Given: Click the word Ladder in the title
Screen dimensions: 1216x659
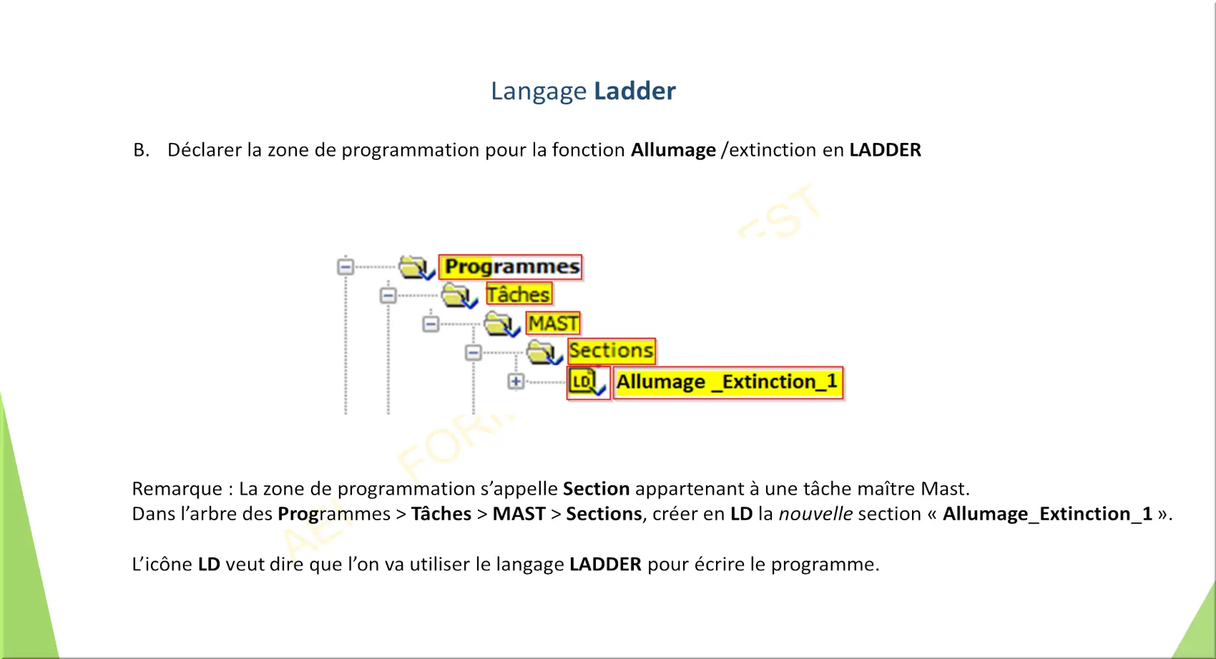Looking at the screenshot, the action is click(634, 91).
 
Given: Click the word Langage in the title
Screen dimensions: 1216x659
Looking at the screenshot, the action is click(539, 91).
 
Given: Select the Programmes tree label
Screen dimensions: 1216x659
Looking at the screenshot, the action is click(510, 267).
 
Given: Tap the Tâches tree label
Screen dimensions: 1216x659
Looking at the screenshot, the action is click(519, 294).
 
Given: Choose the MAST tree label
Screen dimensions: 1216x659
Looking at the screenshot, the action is click(553, 323).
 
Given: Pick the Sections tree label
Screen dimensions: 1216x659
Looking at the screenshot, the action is click(612, 351).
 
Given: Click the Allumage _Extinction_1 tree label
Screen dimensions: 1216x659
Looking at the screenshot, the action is click(728, 382).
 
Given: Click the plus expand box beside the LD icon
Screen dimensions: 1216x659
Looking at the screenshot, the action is click(516, 382).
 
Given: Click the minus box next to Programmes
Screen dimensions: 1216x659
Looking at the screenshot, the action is click(345, 267).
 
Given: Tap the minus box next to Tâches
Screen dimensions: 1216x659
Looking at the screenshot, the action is click(388, 296).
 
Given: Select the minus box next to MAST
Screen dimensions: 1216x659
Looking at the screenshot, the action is click(431, 324).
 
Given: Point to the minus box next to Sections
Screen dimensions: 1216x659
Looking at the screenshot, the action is click(473, 353).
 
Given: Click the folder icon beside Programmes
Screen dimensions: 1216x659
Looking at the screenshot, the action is click(416, 267).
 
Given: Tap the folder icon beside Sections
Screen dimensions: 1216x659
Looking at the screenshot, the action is click(544, 352).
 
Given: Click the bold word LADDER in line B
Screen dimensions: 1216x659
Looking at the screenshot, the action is click(885, 149).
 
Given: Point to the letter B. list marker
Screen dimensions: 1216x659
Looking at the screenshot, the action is click(141, 149).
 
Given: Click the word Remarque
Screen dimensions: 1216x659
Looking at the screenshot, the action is click(177, 489).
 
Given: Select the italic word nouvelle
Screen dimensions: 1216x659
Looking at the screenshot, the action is click(815, 514).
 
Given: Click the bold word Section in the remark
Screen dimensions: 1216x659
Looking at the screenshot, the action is click(596, 489).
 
